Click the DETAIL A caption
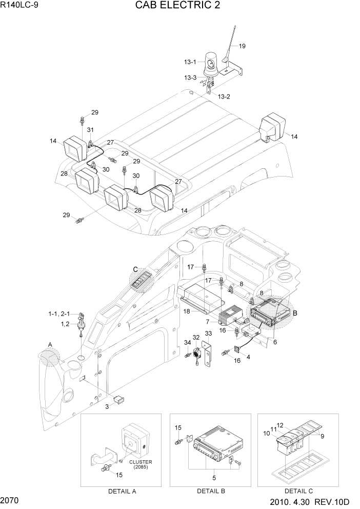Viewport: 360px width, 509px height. [122, 491]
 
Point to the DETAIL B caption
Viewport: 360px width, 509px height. [211, 491]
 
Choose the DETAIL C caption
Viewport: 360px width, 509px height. [300, 491]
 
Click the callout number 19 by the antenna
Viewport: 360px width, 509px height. [242, 46]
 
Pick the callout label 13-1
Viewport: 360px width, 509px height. [190, 62]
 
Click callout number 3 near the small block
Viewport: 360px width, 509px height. [107, 406]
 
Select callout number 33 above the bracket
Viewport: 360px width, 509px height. [209, 334]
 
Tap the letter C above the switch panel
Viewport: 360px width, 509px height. [135, 269]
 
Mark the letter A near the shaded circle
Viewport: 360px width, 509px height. [50, 344]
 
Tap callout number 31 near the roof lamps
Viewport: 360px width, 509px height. [90, 129]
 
